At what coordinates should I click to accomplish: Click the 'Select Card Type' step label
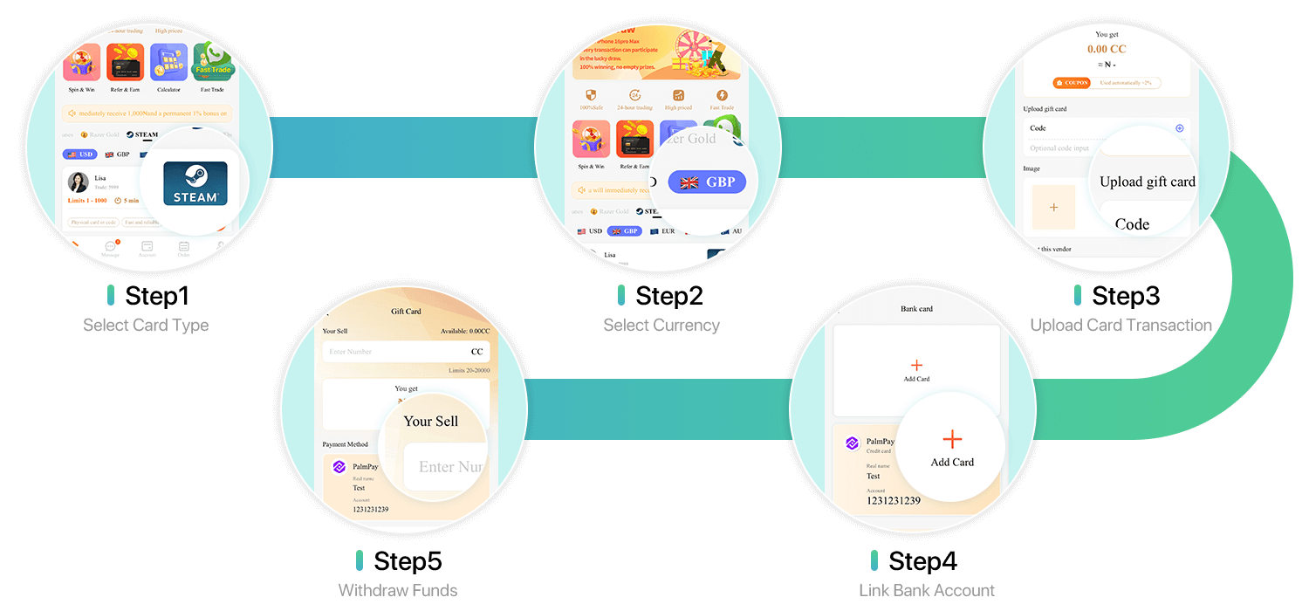(x=146, y=326)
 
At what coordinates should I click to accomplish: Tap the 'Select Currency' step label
(x=661, y=326)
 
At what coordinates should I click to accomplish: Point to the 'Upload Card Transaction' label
(x=1121, y=326)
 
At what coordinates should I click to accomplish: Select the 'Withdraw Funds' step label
(x=397, y=591)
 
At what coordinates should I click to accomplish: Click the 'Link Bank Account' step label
(x=926, y=591)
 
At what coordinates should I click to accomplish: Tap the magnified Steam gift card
(x=195, y=183)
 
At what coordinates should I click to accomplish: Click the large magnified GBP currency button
(x=707, y=182)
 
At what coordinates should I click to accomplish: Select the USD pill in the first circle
(x=79, y=154)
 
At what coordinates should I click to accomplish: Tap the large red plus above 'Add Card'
(x=952, y=440)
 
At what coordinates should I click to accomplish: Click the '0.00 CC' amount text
(x=1107, y=49)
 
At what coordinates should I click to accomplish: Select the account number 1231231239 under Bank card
(x=893, y=500)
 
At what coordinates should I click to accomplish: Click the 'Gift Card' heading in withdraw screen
(x=406, y=312)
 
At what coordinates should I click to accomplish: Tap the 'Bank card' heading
(x=916, y=309)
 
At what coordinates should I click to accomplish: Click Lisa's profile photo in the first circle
(x=79, y=182)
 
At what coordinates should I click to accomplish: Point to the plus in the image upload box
(x=1053, y=208)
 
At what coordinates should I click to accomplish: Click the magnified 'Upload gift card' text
(x=1147, y=182)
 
